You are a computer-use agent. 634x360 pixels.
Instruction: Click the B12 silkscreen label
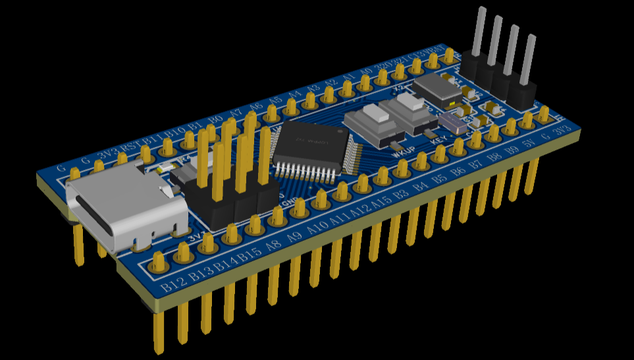[x=173, y=285]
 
